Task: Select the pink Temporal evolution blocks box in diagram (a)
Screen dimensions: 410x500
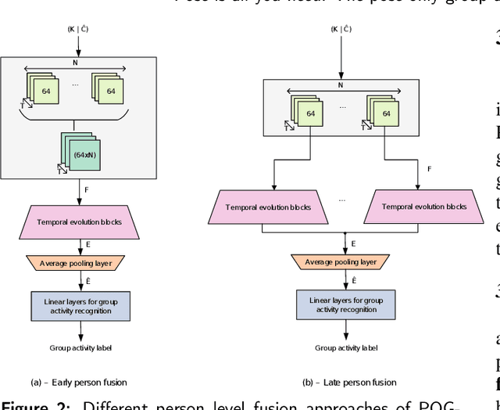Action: (82, 221)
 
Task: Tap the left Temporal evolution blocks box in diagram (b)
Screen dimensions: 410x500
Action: (268, 207)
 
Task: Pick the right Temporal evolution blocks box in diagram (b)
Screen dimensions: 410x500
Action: (423, 207)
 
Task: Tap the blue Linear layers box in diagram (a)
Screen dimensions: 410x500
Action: (82, 304)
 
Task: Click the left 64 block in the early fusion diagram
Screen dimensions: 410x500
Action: (45, 91)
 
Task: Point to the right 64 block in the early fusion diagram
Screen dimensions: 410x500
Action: (110, 91)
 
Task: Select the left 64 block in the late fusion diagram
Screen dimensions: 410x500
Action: (309, 113)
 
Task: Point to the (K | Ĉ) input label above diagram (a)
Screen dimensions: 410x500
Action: (82, 29)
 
